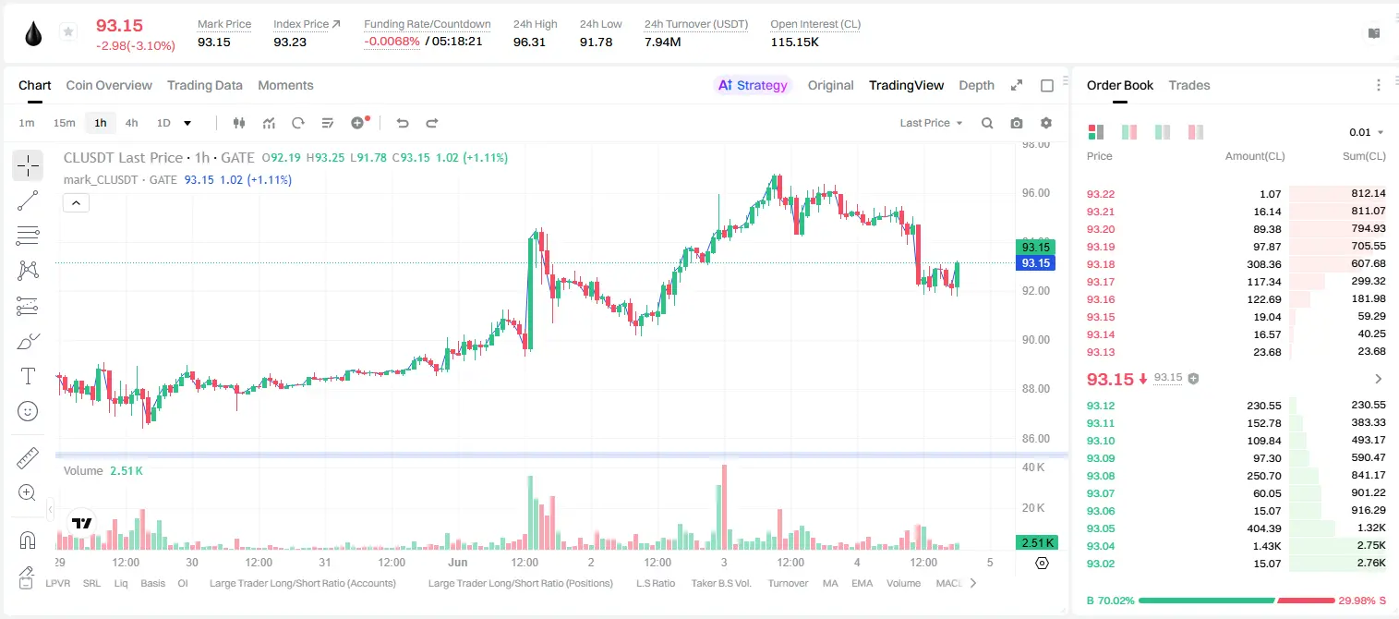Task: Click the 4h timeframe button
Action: coord(131,123)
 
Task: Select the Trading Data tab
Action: coord(204,85)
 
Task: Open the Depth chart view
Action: coord(976,85)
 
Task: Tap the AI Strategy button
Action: coord(753,85)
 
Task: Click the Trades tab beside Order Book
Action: coord(1189,85)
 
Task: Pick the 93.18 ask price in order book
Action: coord(1101,264)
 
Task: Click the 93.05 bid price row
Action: coord(1101,528)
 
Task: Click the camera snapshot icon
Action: coord(1017,123)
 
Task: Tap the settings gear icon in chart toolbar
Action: coord(1046,123)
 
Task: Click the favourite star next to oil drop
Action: coord(68,31)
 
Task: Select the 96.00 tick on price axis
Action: coord(1035,193)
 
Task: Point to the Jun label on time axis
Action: coord(458,562)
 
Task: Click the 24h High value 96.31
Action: coord(529,42)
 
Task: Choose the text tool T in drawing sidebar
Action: coord(28,376)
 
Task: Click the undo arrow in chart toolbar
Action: coord(403,123)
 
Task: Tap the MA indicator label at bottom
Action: coord(830,583)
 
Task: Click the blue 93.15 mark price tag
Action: coord(1035,263)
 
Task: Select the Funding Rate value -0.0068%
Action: coord(392,42)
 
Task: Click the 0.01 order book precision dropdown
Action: coord(1367,132)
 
